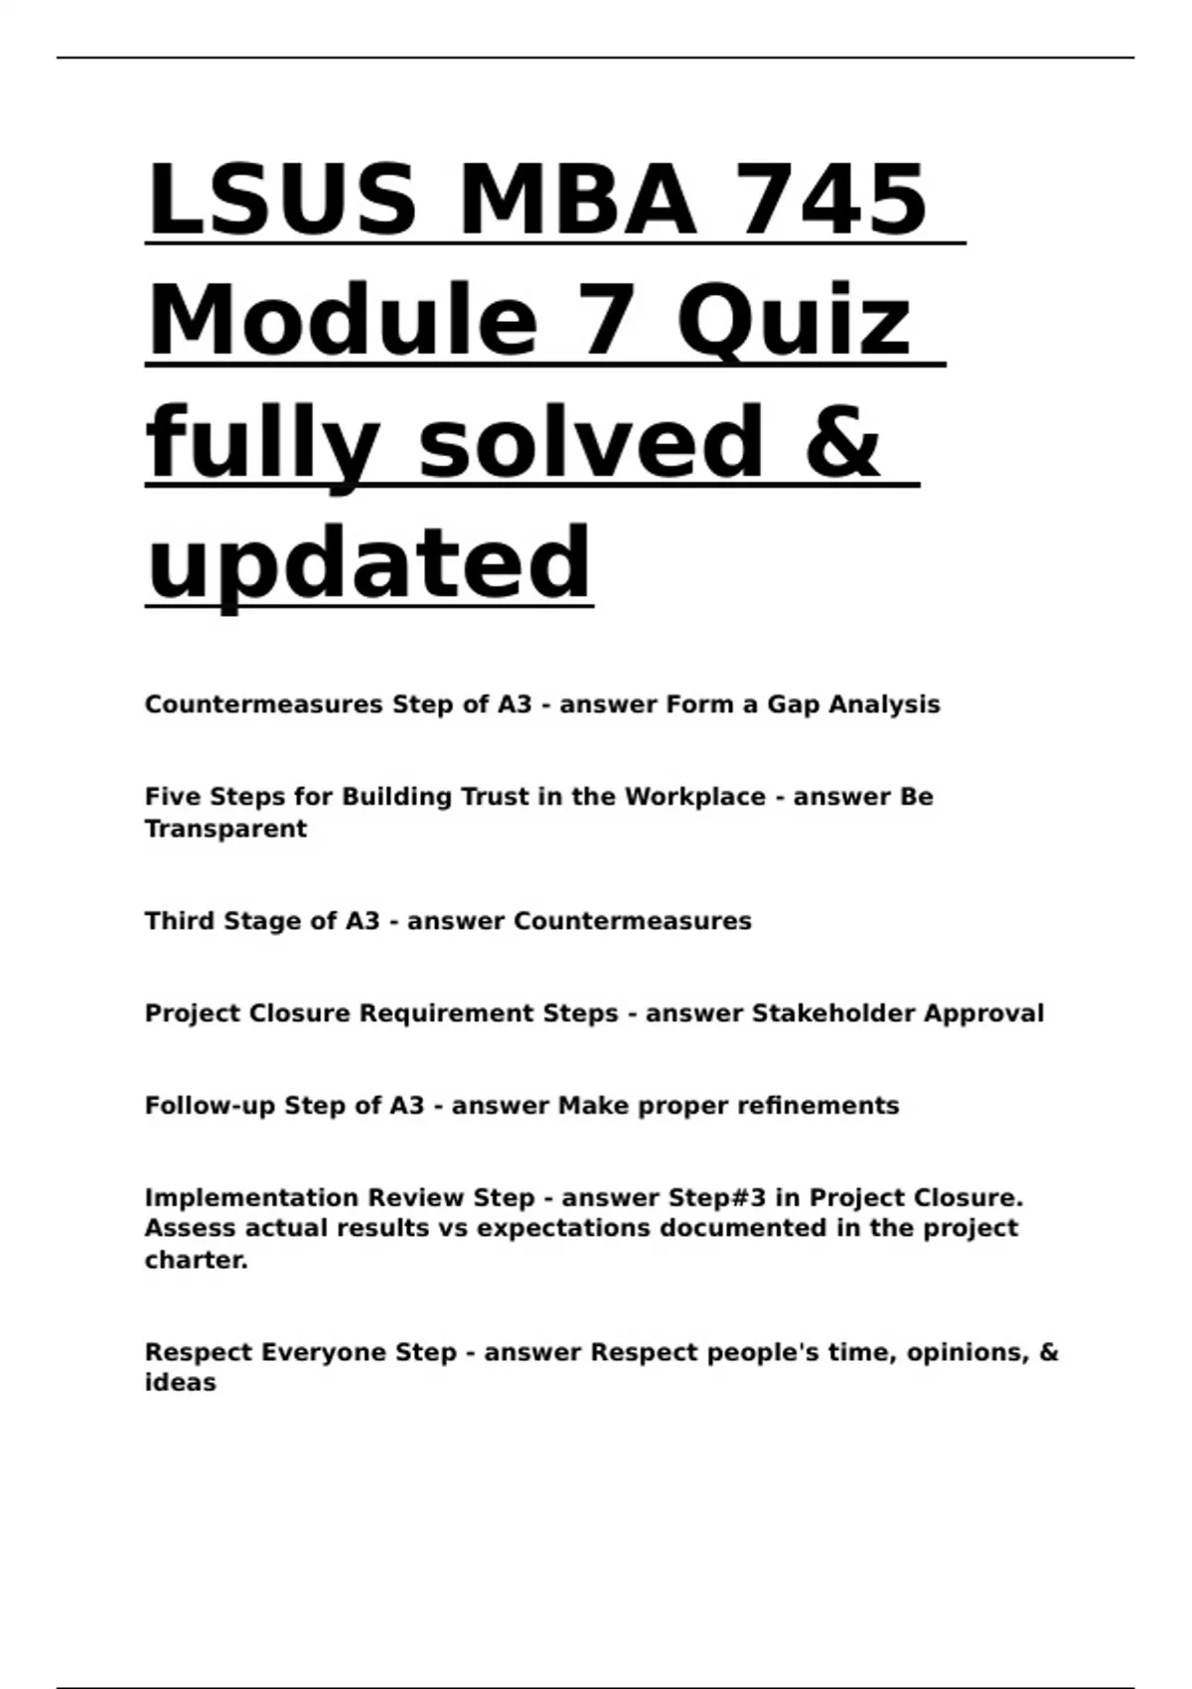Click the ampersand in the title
pyautogui.click(x=841, y=442)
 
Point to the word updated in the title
pyautogui.click(x=369, y=563)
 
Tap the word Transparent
pyautogui.click(x=225, y=829)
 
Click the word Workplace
pyautogui.click(x=694, y=797)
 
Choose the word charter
pyautogui.click(x=196, y=1260)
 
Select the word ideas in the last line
pyautogui.click(x=180, y=1383)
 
